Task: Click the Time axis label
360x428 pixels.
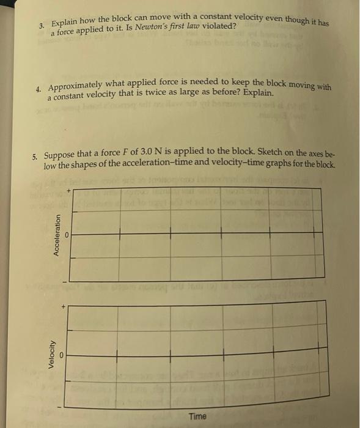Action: click(197, 416)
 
